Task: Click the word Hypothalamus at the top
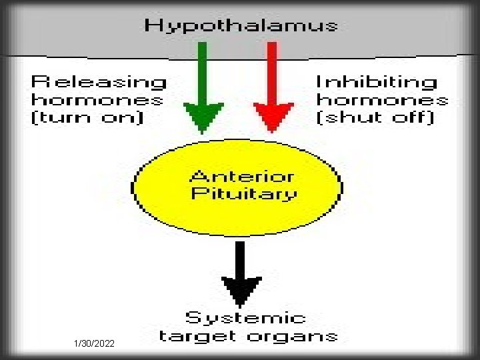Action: point(241,26)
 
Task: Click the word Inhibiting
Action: point(377,82)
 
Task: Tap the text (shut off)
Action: point(375,118)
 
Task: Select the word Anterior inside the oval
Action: point(241,177)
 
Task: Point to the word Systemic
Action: point(245,318)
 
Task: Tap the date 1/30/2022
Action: point(94,343)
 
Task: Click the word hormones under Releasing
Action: point(97,101)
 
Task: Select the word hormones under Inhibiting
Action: point(382,100)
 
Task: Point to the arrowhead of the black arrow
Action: point(241,293)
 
